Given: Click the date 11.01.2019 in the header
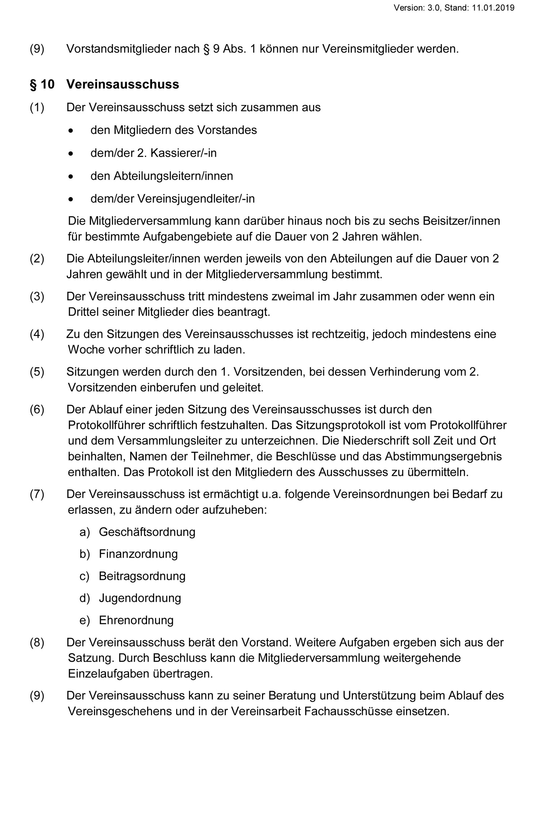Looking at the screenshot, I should [x=493, y=8].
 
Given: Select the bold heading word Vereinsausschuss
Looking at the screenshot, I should [x=122, y=84].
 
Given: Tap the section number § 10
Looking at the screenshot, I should [x=42, y=84].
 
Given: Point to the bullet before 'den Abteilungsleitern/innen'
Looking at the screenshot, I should [x=71, y=176].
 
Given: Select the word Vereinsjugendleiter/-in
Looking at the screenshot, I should [x=196, y=199].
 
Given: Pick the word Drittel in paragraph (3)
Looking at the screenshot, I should [x=86, y=312].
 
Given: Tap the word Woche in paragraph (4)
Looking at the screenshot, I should [x=86, y=349].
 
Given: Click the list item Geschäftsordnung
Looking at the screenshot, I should [x=147, y=532].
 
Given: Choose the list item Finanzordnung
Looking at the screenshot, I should [x=138, y=554].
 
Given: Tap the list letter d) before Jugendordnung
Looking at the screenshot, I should [x=84, y=598].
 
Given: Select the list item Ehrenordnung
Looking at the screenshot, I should [x=136, y=620].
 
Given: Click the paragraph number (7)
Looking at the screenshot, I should [x=37, y=494].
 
